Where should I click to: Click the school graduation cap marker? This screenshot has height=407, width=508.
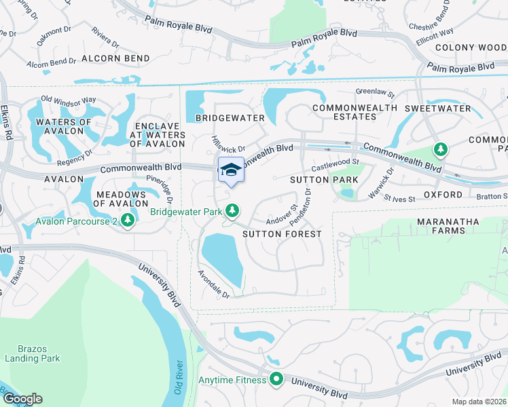[231, 170]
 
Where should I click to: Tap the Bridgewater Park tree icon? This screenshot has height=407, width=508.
[232, 211]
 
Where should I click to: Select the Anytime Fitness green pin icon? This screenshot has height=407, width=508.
[276, 379]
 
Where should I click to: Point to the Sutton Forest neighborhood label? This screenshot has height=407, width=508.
[282, 234]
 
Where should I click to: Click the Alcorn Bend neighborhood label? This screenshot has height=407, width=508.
[115, 58]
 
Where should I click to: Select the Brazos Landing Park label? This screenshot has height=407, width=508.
[33, 353]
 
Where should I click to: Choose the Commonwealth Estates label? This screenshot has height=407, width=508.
[355, 112]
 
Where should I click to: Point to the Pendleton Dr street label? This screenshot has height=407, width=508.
[302, 208]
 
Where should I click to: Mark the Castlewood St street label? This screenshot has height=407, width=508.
[335, 165]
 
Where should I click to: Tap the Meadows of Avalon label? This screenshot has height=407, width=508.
[120, 199]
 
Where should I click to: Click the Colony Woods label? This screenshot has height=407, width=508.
[471, 47]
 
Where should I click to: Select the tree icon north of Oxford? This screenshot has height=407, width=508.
[441, 149]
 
